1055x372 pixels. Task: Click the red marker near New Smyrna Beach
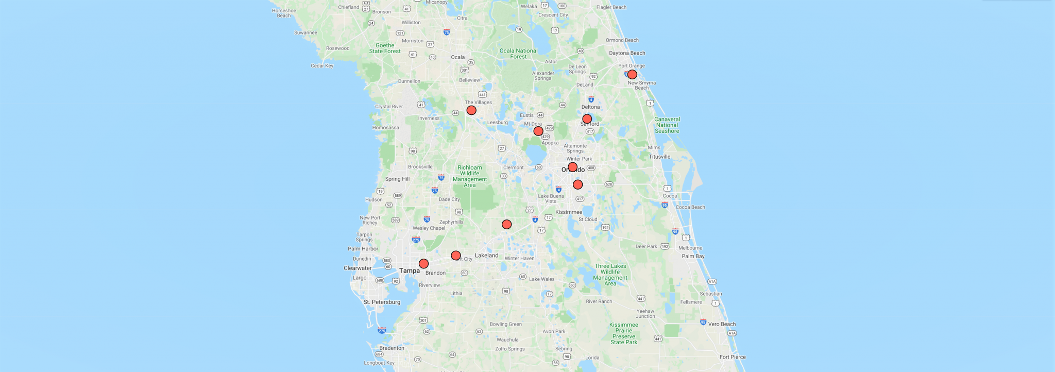[632, 75]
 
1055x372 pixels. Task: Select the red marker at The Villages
[471, 110]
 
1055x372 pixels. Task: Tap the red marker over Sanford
[587, 119]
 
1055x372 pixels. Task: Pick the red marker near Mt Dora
[538, 131]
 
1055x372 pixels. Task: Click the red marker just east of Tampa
[423, 264]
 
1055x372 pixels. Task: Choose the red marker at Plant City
[456, 256]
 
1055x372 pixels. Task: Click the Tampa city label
[409, 271]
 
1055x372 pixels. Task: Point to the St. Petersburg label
[382, 302]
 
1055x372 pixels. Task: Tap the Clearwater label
[358, 268]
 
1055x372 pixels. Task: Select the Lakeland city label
[486, 256]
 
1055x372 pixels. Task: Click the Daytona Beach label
[627, 53]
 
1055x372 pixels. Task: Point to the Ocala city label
[457, 57]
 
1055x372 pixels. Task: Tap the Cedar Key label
[322, 66]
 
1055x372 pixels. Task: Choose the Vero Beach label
[722, 324]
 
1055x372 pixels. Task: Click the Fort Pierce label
[732, 357]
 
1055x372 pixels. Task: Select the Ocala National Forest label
[518, 54]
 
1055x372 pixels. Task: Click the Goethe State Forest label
[385, 48]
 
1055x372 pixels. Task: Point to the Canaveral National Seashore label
[667, 125]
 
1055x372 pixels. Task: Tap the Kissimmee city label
[569, 212]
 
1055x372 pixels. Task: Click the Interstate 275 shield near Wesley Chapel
[416, 240]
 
